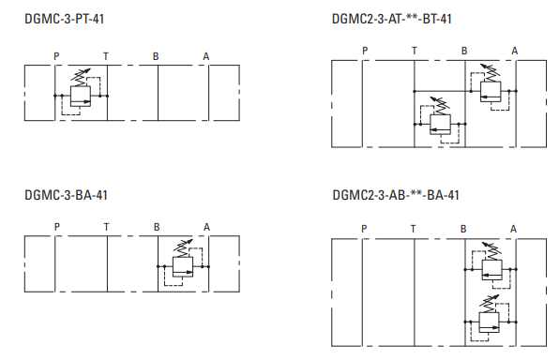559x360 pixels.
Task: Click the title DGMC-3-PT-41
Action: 64,19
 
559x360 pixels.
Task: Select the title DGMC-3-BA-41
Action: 66,195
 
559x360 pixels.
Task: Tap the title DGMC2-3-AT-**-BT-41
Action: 392,19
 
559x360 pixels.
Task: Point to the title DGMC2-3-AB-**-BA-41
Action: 396,195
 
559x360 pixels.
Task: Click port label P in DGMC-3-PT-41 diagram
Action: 56,56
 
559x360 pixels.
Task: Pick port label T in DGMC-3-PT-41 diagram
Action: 106,56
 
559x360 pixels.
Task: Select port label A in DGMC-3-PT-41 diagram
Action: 206,56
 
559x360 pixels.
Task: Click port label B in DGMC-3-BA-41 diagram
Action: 157,227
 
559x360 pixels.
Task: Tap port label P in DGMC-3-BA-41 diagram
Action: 57,227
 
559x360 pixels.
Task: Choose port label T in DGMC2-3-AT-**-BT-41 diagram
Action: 415,51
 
